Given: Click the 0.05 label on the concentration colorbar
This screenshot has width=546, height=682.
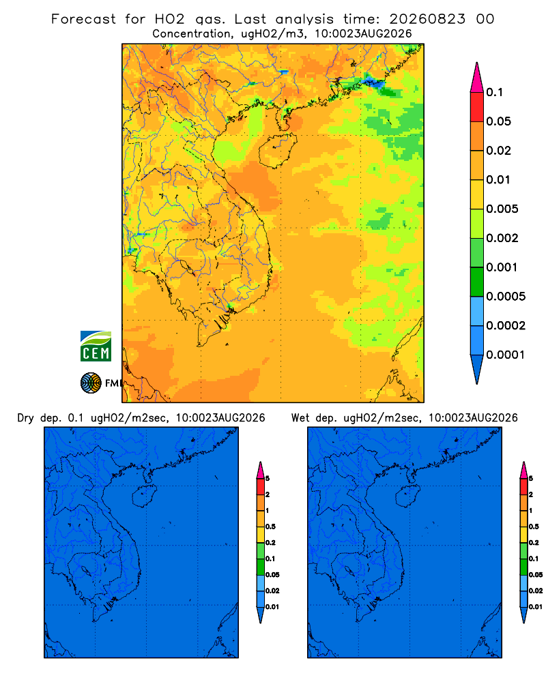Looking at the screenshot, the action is pos(498,121).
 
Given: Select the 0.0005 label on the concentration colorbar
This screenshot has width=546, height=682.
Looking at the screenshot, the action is pos(506,297).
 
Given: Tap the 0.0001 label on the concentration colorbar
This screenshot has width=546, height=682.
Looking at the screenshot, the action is pos(506,355).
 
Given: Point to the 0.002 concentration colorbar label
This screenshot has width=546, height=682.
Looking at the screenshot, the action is pos(502,238).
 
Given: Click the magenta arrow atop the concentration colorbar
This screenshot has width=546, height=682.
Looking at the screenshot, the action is pos(477,78).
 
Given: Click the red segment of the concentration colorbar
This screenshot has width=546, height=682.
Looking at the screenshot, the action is pos(477,107).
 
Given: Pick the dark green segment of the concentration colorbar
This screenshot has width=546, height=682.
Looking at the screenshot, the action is pos(477,282).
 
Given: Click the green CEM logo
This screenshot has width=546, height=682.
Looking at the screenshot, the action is pos(96,346).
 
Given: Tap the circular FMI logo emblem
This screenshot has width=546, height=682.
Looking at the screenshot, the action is pos(91,383).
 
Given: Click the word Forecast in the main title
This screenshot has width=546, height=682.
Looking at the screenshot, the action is pos(83,19).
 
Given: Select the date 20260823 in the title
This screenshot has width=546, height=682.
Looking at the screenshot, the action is pos(427,19).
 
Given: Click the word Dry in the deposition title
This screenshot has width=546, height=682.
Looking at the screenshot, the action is pos(25,418).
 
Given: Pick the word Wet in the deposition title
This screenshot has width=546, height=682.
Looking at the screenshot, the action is pos(300,418).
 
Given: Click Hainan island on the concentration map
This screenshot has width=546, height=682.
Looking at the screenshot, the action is pos(278,151).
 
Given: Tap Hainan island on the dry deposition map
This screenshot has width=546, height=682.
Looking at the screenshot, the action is pos(144,496).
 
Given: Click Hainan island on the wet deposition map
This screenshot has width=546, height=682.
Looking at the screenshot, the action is pos(408,496).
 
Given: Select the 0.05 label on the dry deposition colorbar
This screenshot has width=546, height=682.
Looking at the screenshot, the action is pos(272,575).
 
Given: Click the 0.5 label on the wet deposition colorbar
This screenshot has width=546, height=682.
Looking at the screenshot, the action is pos(534,527).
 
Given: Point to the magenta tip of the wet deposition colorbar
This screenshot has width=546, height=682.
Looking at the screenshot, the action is pos(523,470).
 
